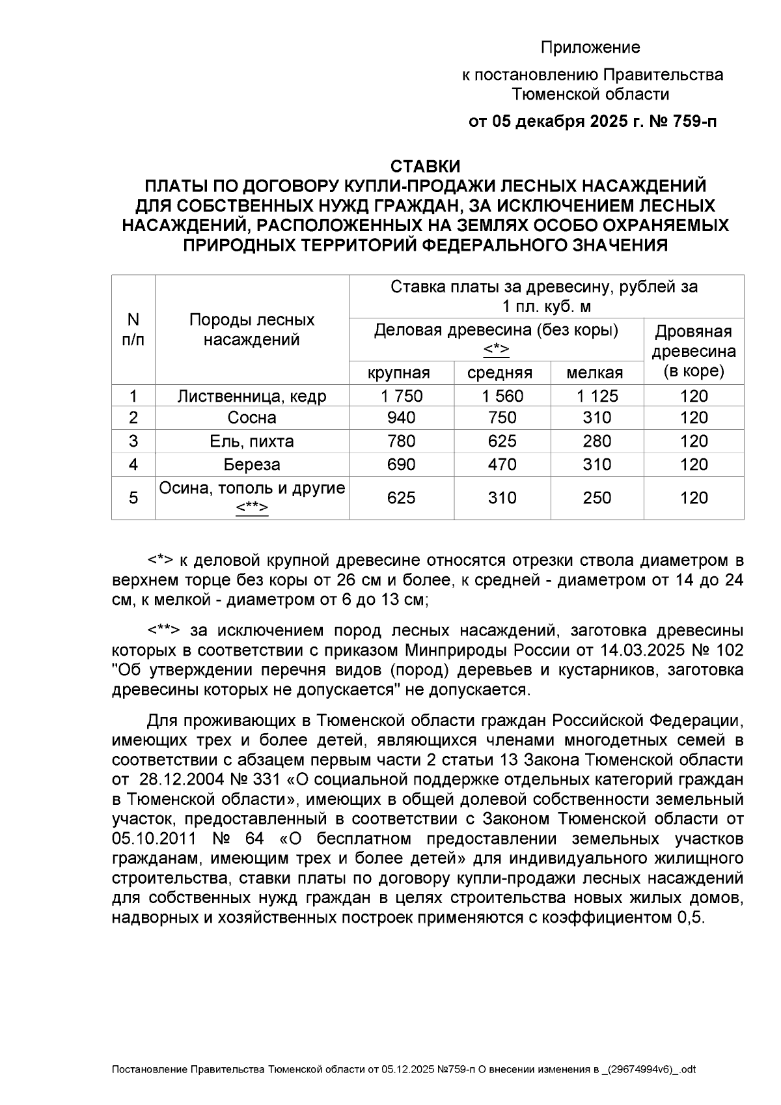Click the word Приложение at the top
590,48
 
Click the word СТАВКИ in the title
425,167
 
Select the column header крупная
398,373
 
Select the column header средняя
499,373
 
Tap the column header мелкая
595,373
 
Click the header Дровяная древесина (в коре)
693,352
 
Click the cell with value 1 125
597,396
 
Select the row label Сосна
252,418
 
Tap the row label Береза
252,465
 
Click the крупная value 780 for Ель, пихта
401,441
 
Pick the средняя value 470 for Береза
502,465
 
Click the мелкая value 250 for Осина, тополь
597,498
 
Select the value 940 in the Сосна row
401,418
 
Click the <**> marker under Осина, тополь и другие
252,508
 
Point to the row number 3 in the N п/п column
133,441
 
